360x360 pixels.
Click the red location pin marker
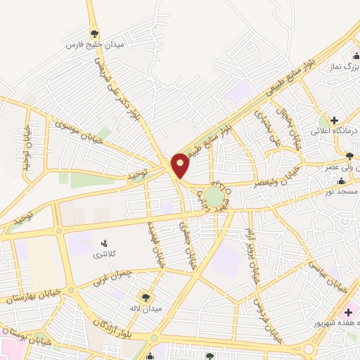pos(180,165)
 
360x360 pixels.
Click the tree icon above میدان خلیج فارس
pos(95,33)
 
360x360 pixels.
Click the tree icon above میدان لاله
pos(147,297)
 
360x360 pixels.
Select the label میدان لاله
pos(150,308)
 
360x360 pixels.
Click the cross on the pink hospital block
pos(347,311)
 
